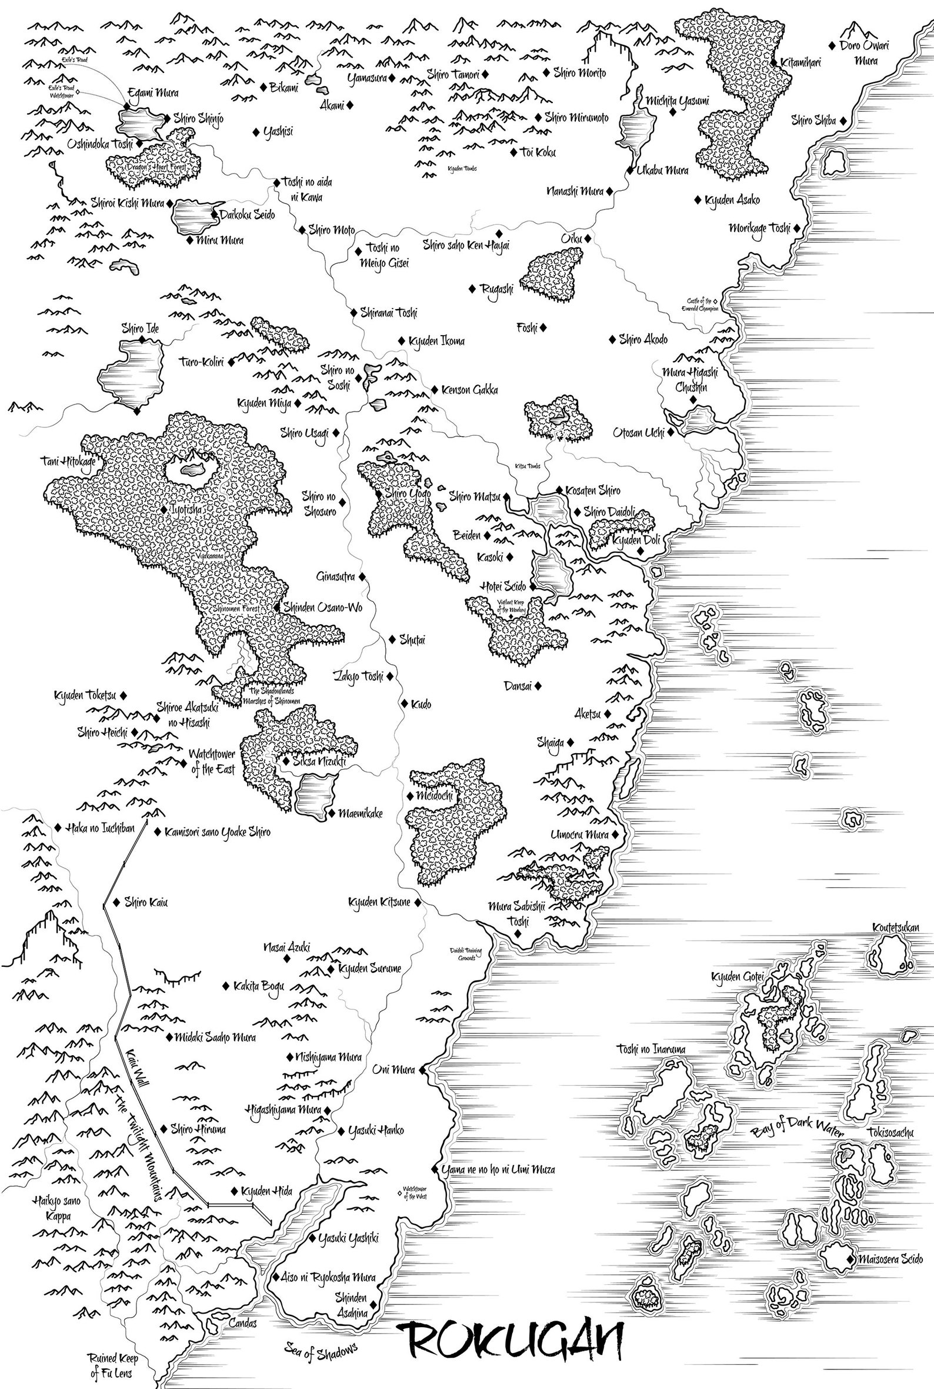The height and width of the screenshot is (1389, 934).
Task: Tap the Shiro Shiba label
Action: coord(813,121)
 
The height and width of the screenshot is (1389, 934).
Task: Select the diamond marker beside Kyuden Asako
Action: coord(698,200)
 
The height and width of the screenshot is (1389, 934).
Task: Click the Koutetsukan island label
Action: coord(895,927)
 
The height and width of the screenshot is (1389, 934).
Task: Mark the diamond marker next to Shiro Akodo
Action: coord(612,340)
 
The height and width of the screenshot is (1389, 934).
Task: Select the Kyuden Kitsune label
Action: coord(379,903)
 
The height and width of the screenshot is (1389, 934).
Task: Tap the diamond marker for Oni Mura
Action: coord(422,1070)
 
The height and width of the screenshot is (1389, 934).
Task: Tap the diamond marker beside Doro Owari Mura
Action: coord(832,45)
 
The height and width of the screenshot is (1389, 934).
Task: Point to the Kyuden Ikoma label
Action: coord(436,342)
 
